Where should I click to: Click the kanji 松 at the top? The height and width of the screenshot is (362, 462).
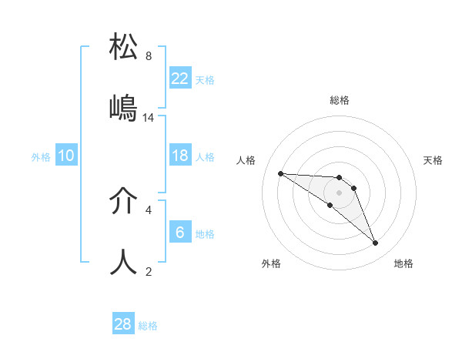coord(123,46)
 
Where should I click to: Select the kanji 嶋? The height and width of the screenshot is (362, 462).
coord(123,108)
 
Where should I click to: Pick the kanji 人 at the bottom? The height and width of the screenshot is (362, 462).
coord(123,263)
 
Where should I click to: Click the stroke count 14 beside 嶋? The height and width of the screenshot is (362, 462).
coord(149,118)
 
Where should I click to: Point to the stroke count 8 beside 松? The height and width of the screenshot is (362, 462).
coord(149,56)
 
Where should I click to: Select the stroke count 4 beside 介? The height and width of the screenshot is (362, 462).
coord(149,209)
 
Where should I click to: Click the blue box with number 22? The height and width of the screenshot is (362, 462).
coord(180,79)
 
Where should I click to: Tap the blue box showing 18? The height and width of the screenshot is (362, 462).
coord(180,156)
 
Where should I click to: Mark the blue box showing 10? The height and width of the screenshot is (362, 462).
coord(66,156)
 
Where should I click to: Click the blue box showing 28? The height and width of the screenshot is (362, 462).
coord(123,324)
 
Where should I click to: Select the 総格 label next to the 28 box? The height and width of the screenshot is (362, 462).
coord(148,326)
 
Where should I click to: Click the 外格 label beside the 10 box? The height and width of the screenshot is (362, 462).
coord(41,156)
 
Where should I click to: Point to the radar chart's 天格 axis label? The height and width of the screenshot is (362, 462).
coord(433,160)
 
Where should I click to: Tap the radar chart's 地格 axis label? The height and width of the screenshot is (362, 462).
coord(403,263)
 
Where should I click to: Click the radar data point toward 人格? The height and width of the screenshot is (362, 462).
coord(280,173)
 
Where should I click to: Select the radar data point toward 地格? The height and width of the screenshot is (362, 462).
coord(375,243)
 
